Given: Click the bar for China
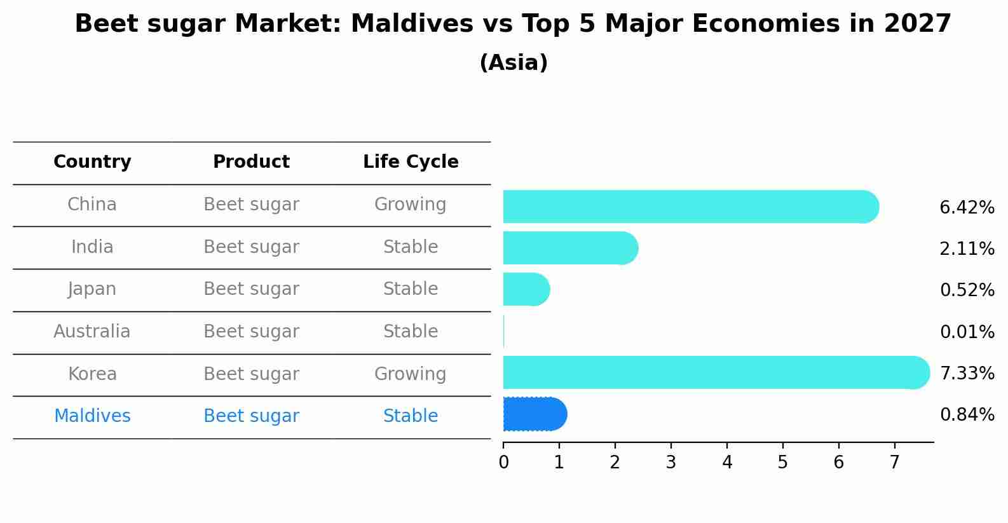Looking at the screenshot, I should point(690,207).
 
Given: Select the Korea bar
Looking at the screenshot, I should point(716,372).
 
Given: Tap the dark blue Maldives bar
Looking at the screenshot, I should point(534,414).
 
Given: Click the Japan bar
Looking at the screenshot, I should point(526,289).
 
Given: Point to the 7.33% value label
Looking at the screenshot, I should point(967,373).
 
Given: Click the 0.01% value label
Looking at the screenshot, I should point(967,332).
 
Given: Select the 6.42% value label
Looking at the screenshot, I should point(967,207).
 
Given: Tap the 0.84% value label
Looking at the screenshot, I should point(967,415).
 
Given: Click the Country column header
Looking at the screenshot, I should point(92,162).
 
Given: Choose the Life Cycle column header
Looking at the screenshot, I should point(411,162).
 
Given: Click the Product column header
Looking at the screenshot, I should point(251,162).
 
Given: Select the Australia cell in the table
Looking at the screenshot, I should point(92,332).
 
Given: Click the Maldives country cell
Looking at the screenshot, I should point(92,416).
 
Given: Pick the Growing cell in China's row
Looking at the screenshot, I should point(410,205).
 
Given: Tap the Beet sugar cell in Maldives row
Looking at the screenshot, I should point(251,416).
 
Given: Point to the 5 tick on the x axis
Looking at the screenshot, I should point(782,462).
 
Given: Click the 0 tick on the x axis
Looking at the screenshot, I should point(503,462).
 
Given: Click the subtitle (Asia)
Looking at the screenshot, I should point(514,63).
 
